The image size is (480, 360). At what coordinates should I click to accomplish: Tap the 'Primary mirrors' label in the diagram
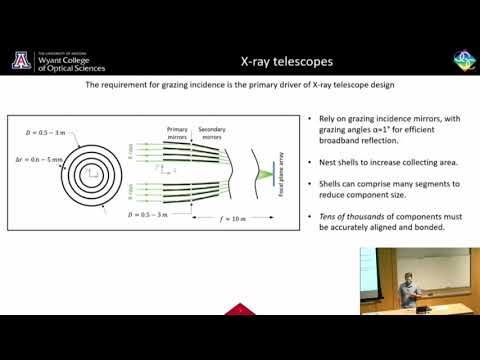click(177, 133)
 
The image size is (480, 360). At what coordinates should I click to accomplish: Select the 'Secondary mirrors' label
click(212, 133)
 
